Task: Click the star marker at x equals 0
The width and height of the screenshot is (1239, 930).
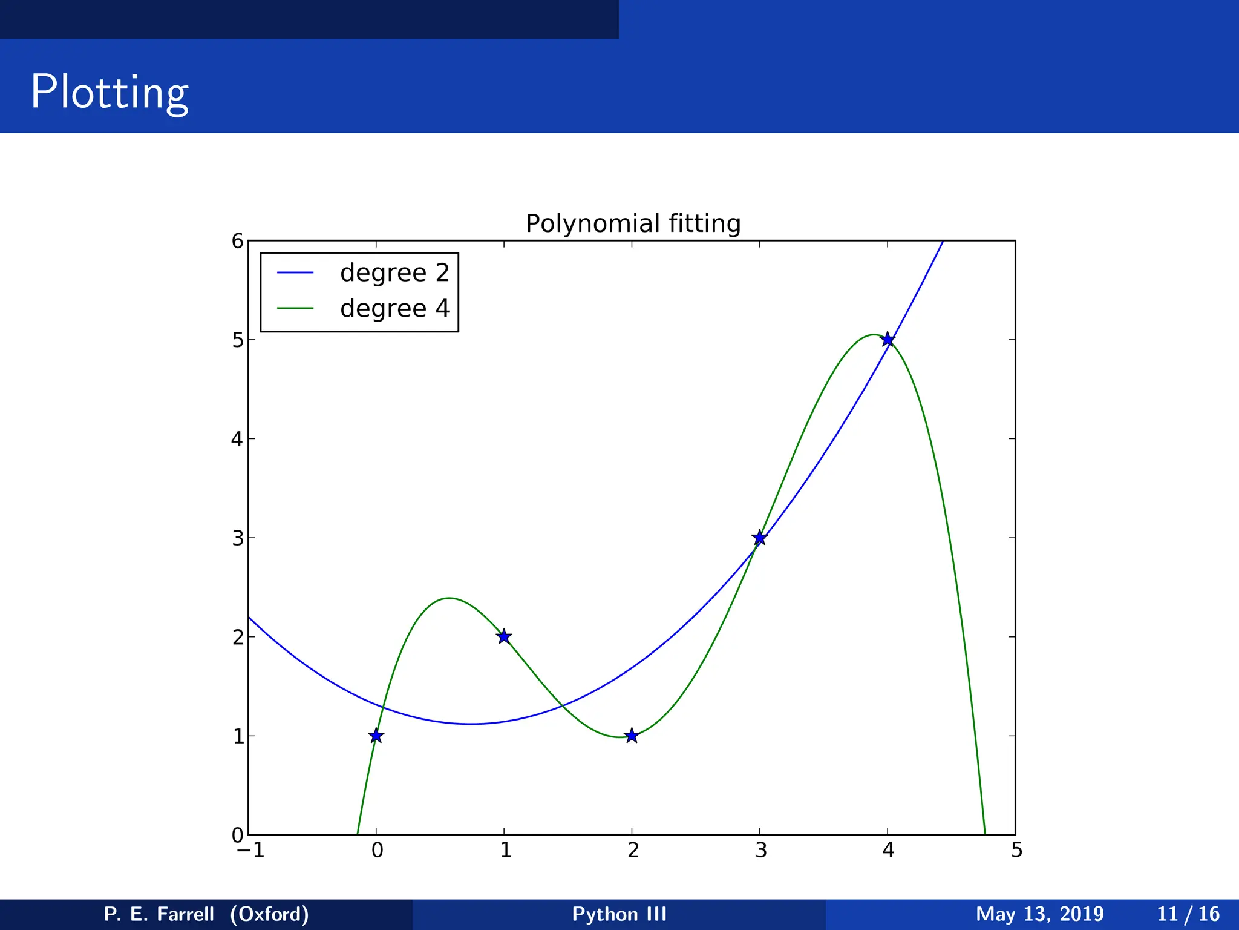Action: [376, 736]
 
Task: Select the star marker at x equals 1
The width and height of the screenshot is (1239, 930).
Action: [504, 636]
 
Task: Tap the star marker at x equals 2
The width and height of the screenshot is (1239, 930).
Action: [632, 736]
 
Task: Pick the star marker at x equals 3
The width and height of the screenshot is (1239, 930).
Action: [760, 538]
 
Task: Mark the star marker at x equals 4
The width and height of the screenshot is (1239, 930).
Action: [888, 339]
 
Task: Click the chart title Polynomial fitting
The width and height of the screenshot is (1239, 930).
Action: [633, 223]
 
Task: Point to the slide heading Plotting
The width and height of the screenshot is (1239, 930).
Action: [110, 92]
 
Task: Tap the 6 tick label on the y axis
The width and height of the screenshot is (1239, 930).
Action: [237, 242]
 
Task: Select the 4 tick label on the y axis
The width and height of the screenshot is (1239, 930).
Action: [237, 439]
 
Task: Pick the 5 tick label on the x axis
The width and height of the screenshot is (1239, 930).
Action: [1016, 851]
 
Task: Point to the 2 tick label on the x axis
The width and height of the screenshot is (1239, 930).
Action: [633, 851]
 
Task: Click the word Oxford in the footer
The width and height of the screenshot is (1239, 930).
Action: [270, 914]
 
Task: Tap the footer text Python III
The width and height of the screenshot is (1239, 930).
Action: [619, 914]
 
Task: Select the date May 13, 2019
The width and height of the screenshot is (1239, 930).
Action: [1039, 914]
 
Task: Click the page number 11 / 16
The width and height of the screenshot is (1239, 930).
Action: [1188, 914]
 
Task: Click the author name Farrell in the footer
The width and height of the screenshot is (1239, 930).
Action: [185, 914]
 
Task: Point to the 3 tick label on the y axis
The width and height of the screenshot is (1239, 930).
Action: [237, 538]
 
